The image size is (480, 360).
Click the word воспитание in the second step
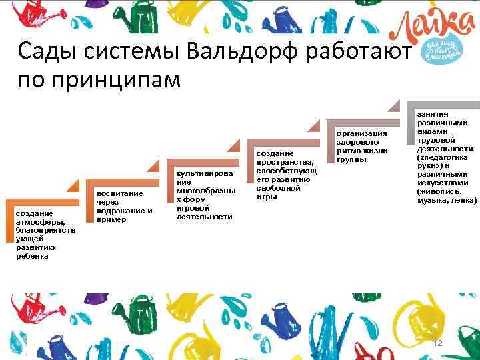[x=120, y=194]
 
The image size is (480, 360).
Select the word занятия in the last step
[x=433, y=114]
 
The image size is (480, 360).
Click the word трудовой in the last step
[x=435, y=140]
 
